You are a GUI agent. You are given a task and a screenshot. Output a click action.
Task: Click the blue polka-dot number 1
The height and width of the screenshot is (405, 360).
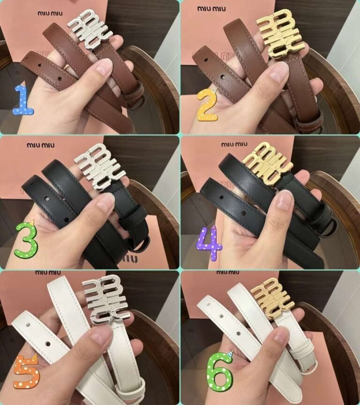24,98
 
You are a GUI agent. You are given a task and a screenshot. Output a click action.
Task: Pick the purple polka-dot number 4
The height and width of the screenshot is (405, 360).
210,243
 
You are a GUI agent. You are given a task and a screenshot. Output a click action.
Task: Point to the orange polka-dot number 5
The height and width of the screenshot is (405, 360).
26,371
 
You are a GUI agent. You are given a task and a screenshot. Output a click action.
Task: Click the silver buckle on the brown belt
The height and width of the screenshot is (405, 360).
90,29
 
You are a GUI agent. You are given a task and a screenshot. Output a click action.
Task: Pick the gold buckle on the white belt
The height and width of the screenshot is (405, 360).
272,298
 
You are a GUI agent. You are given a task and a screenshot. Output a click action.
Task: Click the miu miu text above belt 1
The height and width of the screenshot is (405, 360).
50,13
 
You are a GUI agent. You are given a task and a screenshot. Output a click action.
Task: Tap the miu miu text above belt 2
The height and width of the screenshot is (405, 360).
211,9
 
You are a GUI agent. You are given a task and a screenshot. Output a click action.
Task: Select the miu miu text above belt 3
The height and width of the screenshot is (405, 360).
41,145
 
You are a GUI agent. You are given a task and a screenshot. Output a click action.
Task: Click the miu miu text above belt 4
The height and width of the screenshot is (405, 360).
234,144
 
